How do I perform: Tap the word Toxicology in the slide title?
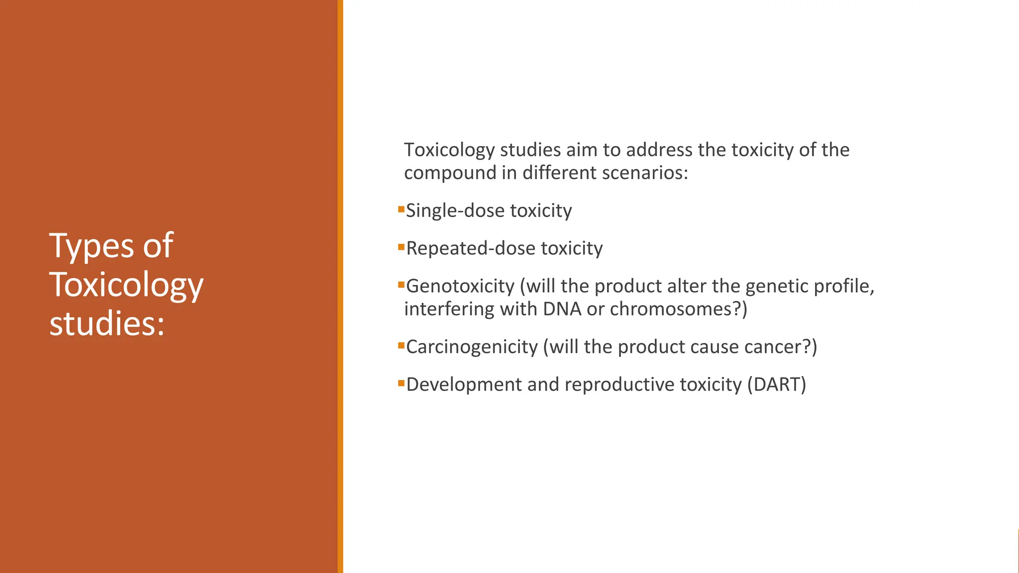(126, 286)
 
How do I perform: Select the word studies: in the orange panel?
(107, 324)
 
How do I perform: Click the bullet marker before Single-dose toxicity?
(401, 209)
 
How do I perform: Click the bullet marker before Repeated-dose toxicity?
(401, 247)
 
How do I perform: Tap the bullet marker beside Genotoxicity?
(401, 285)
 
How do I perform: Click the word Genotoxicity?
(460, 286)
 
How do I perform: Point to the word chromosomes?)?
(678, 309)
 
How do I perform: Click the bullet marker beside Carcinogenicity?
(401, 345)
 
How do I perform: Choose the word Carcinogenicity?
(472, 347)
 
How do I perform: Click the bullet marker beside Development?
(401, 383)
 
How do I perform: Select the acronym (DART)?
(776, 385)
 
